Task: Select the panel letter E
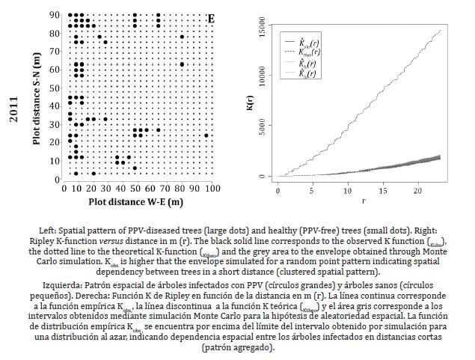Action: [x=210, y=17]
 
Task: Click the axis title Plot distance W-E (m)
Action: [x=137, y=202]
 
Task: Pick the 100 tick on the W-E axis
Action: [x=213, y=187]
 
